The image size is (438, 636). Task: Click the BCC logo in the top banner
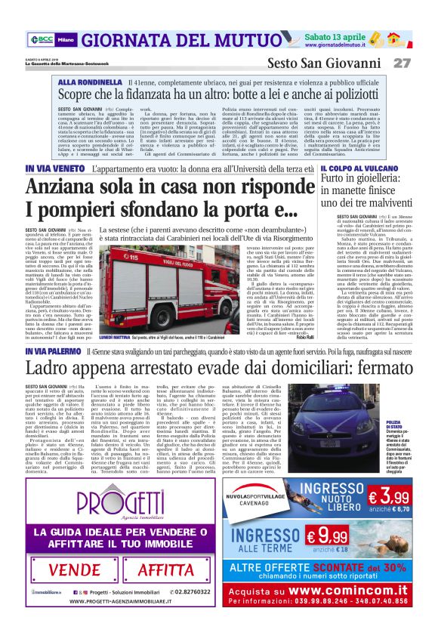tap(42, 39)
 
